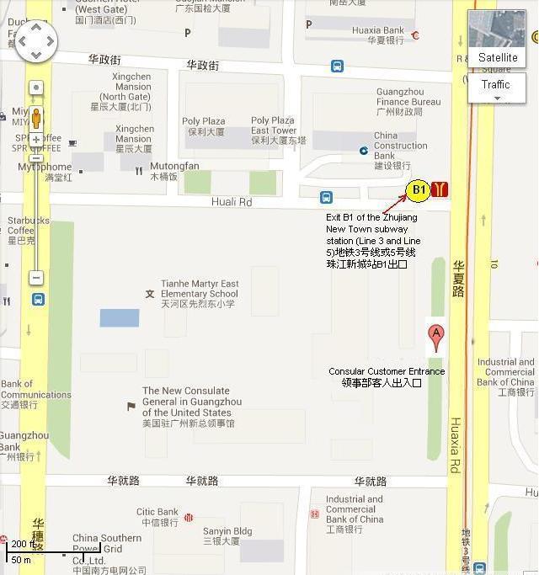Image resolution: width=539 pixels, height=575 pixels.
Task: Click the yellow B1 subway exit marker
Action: pyautogui.click(x=419, y=190)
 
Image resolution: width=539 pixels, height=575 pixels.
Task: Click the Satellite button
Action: pyautogui.click(x=497, y=57)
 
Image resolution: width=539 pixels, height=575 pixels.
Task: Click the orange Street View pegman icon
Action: pyautogui.click(x=36, y=117)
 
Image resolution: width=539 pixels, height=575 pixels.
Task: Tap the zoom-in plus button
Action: pyautogui.click(x=36, y=139)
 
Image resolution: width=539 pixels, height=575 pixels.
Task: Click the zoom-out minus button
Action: pyautogui.click(x=36, y=277)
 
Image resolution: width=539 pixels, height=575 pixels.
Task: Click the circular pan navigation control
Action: pyautogui.click(x=36, y=40)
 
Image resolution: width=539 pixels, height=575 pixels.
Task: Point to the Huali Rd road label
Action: pyautogui.click(x=231, y=202)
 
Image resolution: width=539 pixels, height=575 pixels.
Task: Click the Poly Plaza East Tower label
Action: pyautogui.click(x=274, y=130)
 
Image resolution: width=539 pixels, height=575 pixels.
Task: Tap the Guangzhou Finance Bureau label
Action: pyautogui.click(x=408, y=102)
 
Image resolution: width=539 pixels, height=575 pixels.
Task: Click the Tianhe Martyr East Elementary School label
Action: pyautogui.click(x=200, y=294)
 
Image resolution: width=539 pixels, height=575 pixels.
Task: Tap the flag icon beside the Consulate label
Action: pyautogui.click(x=131, y=406)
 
